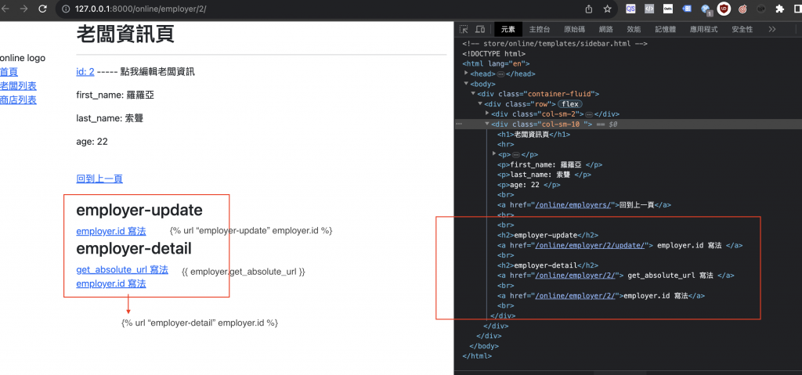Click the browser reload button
click(43, 9)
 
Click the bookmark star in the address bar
click(607, 9)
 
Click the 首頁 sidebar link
click(9, 72)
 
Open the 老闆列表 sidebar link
click(19, 86)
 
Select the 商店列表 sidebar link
click(19, 99)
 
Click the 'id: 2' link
click(85, 71)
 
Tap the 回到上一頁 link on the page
click(99, 178)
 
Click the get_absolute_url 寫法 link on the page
click(122, 269)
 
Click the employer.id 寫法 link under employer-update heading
click(111, 231)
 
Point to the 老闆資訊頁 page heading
click(125, 34)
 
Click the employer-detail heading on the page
click(134, 249)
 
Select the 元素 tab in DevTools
click(508, 29)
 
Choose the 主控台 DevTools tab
click(540, 29)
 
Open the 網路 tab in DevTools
click(605, 29)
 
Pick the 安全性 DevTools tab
click(742, 29)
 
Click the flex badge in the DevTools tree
click(571, 104)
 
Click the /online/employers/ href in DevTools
click(574, 205)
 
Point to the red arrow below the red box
click(128, 305)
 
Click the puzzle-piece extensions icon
click(780, 9)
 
